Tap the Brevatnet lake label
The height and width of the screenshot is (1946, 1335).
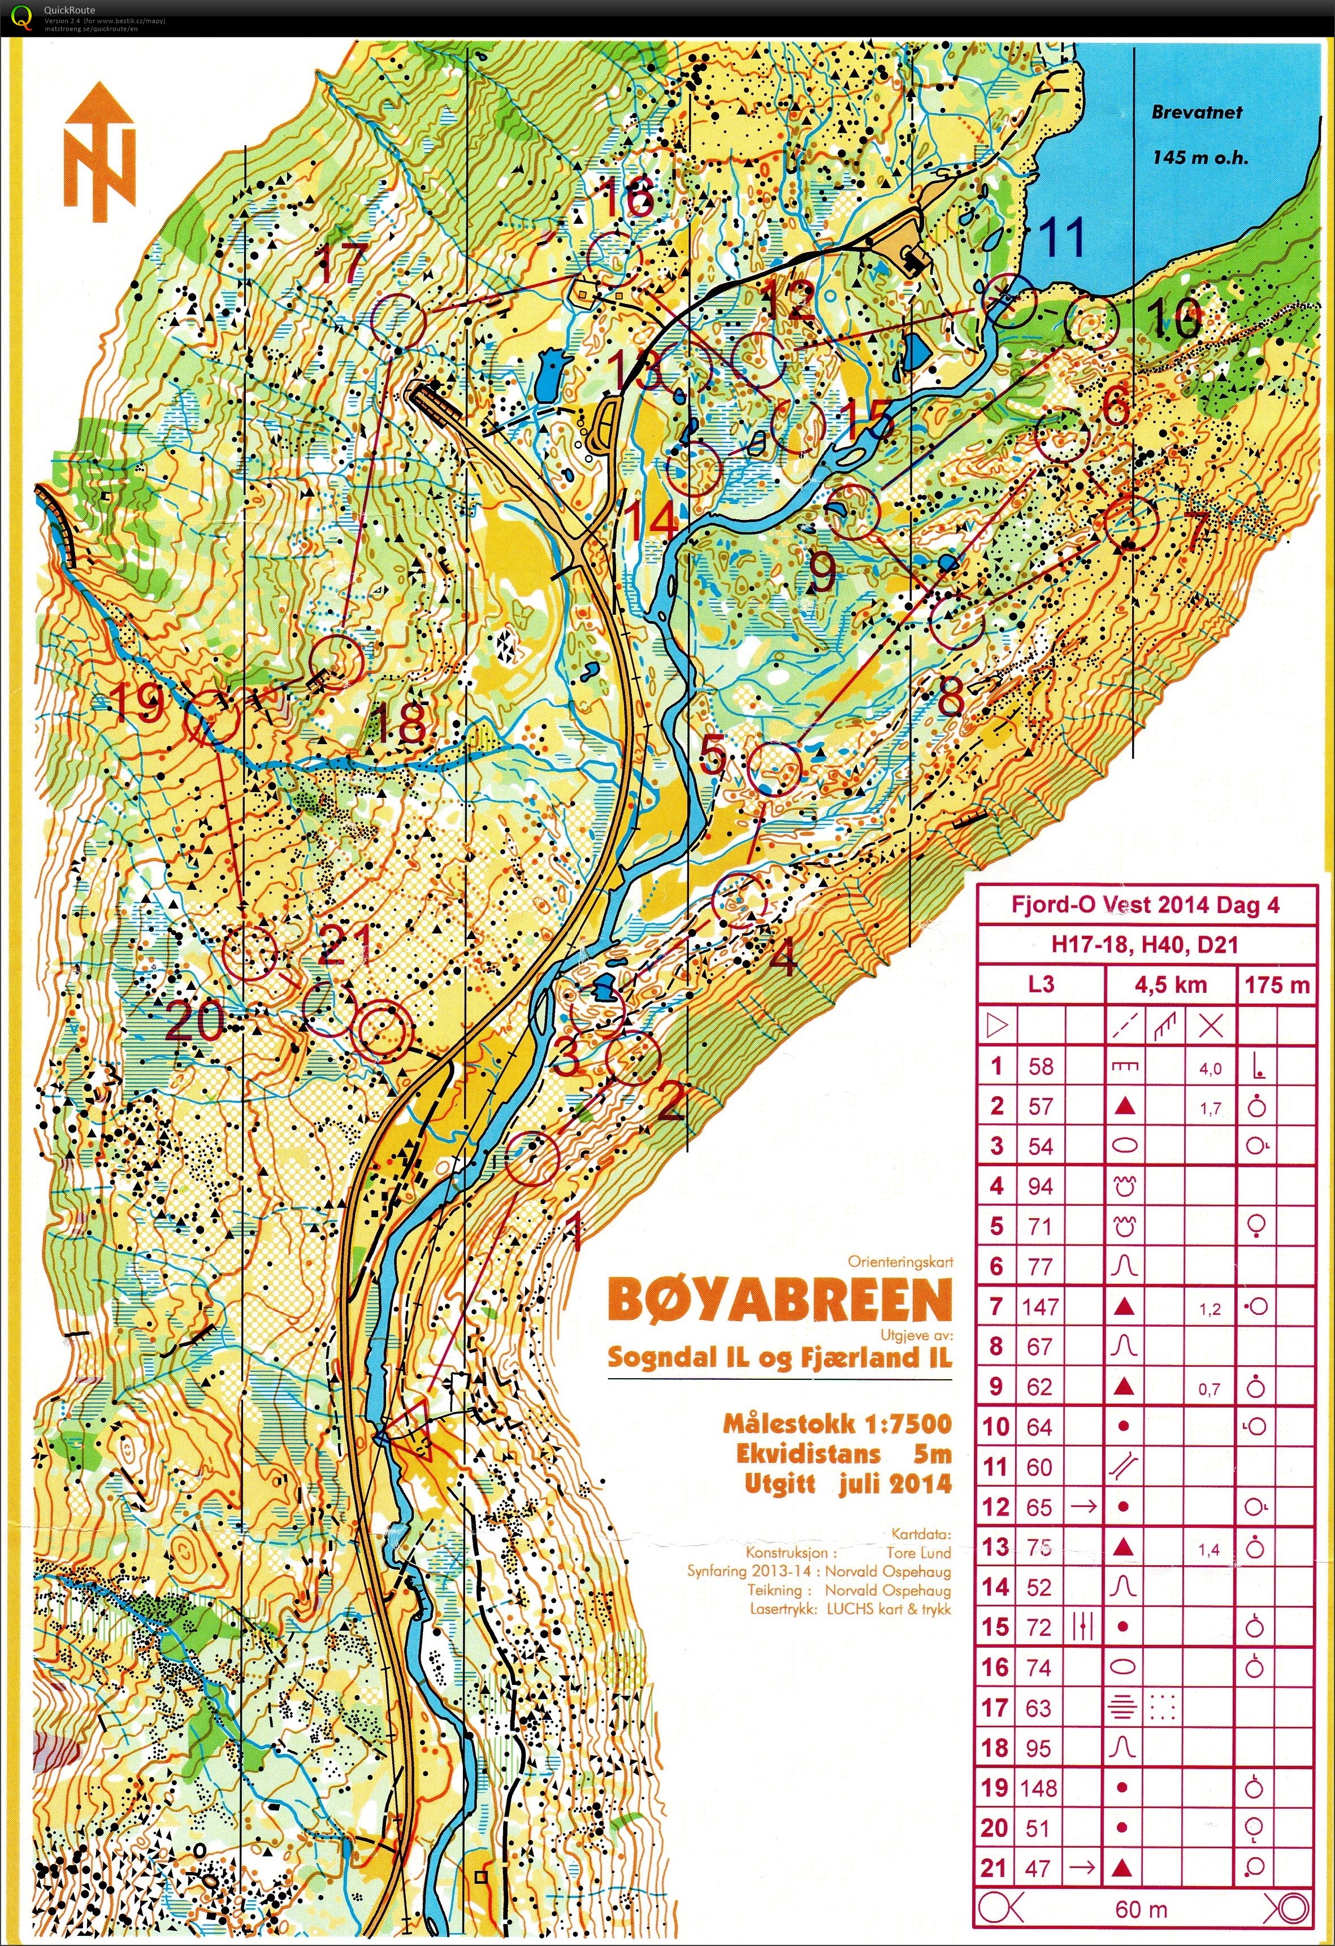click(x=1197, y=112)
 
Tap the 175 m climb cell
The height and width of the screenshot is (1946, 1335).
click(x=1276, y=984)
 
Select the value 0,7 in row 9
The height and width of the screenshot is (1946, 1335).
click(x=1208, y=1389)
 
